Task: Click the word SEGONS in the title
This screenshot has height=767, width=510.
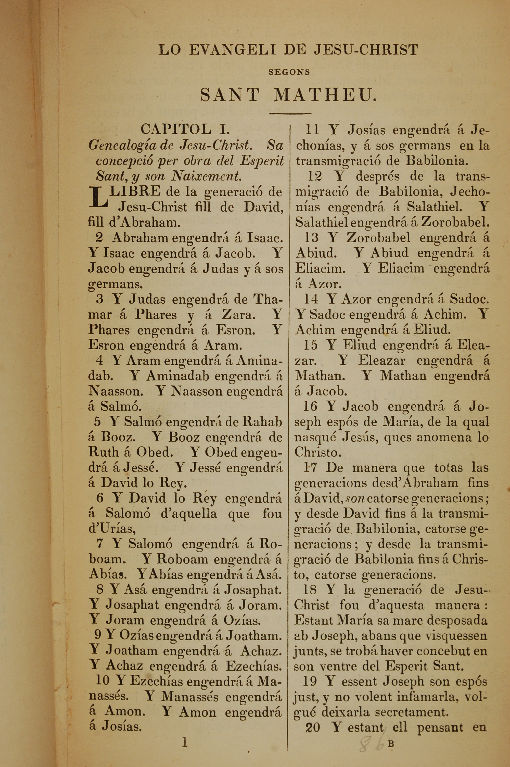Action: [x=289, y=72]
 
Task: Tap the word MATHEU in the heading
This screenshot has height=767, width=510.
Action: [x=325, y=95]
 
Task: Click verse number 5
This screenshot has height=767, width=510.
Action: [x=97, y=422]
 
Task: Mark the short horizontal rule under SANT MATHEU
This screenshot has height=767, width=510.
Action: [x=291, y=113]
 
